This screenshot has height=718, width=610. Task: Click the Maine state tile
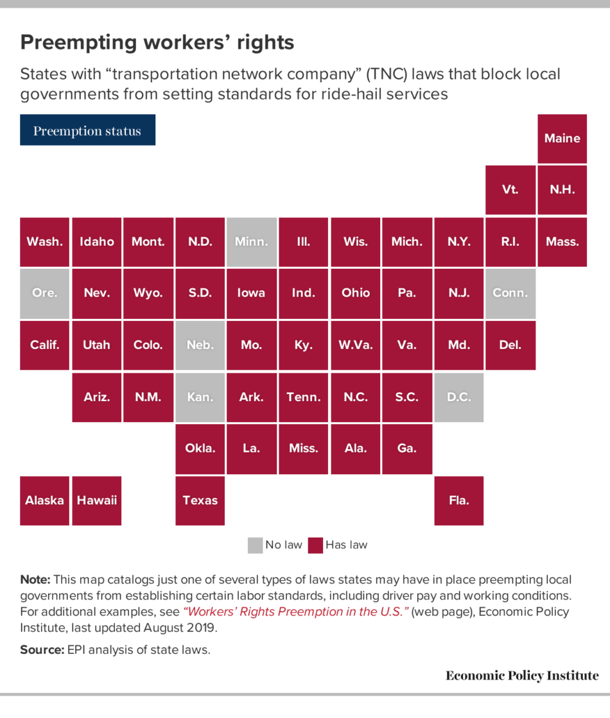[x=562, y=139]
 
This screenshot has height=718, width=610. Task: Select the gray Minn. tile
[x=252, y=242]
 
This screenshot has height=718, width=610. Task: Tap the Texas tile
[x=200, y=500]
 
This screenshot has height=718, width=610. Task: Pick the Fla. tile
[x=458, y=500]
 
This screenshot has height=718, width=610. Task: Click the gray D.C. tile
[x=458, y=397]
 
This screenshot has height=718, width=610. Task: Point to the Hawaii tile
[x=96, y=500]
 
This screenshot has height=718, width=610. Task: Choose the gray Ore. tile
[x=44, y=293]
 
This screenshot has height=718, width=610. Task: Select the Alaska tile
[x=44, y=500]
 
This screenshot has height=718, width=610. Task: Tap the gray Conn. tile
[x=510, y=293]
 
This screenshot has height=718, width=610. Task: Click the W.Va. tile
[x=355, y=345]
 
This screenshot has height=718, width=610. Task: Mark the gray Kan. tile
[x=200, y=397]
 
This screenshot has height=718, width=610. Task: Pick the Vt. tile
[x=510, y=190]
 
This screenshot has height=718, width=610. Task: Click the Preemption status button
[x=87, y=130]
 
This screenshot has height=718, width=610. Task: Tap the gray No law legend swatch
[x=255, y=545]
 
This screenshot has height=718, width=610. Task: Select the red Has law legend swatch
[x=315, y=545]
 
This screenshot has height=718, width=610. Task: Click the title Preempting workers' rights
[x=157, y=42]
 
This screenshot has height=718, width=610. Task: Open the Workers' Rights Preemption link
[x=296, y=611]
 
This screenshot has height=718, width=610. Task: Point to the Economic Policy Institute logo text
[x=521, y=676]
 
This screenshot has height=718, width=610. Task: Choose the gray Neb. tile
[x=200, y=345]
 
